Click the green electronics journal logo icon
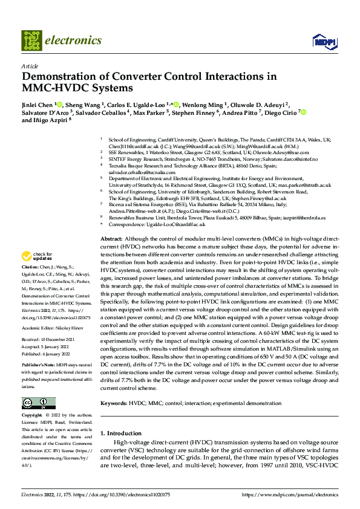31,41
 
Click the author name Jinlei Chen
38,105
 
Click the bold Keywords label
114,403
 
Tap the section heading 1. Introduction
120,433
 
